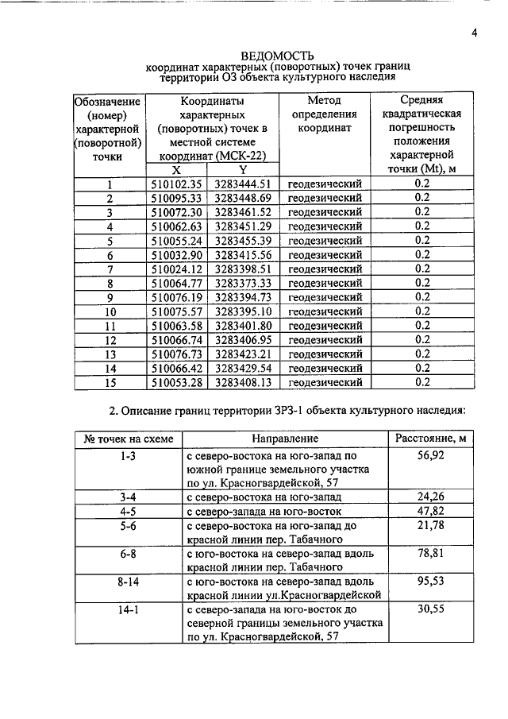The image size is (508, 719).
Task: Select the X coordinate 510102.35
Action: (178, 184)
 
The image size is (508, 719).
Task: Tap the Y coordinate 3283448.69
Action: (243, 198)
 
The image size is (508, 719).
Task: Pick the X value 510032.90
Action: (178, 255)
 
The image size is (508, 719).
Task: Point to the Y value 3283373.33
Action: (243, 284)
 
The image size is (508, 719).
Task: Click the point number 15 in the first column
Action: (110, 383)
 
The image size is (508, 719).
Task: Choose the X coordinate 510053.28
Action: (178, 383)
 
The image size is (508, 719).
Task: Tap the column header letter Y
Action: (243, 170)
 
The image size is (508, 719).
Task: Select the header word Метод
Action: (323, 101)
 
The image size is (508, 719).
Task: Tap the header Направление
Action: (285, 439)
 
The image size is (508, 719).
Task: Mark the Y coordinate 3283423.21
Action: (243, 354)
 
